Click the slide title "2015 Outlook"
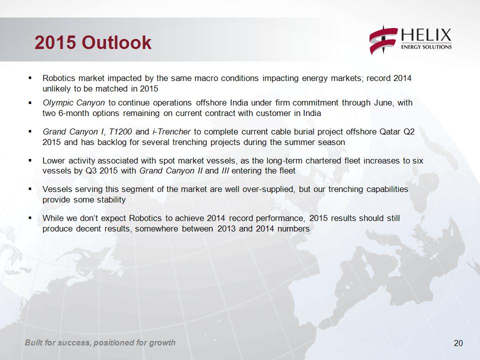[x=93, y=42]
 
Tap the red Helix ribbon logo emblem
[x=383, y=40]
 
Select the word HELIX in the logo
[x=426, y=35]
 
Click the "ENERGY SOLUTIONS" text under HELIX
[x=426, y=47]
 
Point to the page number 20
[x=458, y=343]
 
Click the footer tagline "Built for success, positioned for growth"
[x=100, y=342]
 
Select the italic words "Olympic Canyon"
[x=73, y=102]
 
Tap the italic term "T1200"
[x=120, y=131]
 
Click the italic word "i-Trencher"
[x=171, y=131]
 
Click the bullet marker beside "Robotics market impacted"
[x=30, y=78]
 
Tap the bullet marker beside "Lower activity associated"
[x=30, y=160]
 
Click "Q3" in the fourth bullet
[x=91, y=170]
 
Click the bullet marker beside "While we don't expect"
[x=30, y=218]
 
